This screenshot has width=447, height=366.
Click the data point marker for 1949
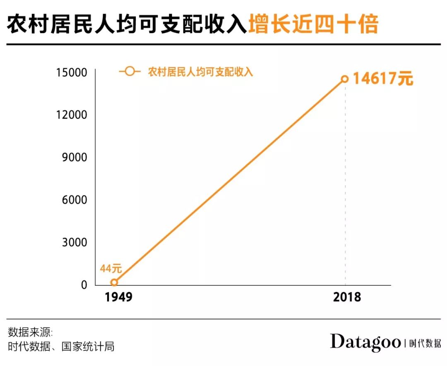114,282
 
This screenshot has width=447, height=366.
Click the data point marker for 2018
344,79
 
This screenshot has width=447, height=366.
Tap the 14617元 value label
383,79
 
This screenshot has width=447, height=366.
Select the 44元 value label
111,268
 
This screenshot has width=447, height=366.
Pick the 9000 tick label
74,158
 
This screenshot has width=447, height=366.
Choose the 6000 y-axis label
74,200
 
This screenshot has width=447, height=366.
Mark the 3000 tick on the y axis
74,242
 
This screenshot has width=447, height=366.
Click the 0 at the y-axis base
84,285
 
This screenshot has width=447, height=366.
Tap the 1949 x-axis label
118,297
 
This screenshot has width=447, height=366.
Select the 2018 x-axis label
347,297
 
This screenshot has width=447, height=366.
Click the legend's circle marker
130,72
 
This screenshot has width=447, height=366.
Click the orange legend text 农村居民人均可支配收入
200,72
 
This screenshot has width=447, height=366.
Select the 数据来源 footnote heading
30,333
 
